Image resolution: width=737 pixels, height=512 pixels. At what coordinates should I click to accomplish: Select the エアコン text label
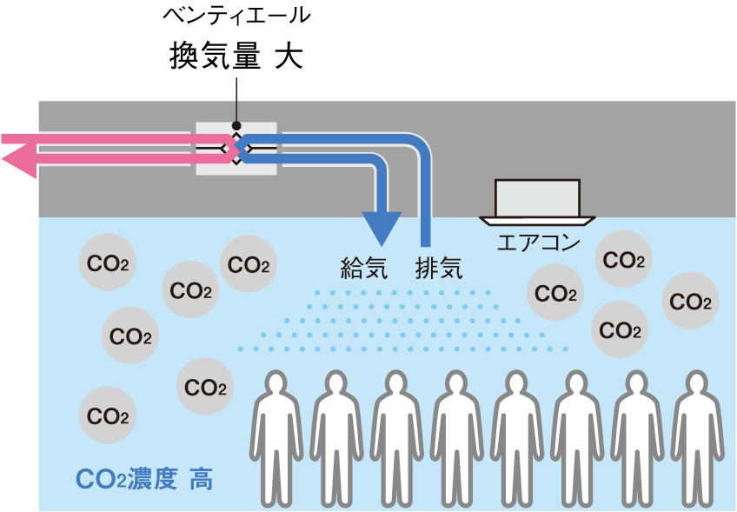537,243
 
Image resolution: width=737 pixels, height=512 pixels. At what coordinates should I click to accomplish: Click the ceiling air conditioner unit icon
537,201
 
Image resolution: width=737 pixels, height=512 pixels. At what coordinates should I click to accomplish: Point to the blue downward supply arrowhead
380,229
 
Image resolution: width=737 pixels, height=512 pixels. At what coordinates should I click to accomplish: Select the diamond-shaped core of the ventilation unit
236,148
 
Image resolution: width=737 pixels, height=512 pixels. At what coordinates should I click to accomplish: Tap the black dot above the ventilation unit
236,125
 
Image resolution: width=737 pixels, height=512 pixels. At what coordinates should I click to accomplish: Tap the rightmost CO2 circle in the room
690,302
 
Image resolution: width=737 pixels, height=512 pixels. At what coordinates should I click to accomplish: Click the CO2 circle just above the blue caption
108,416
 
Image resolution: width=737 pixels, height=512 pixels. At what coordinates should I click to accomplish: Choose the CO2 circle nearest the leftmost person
205,388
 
